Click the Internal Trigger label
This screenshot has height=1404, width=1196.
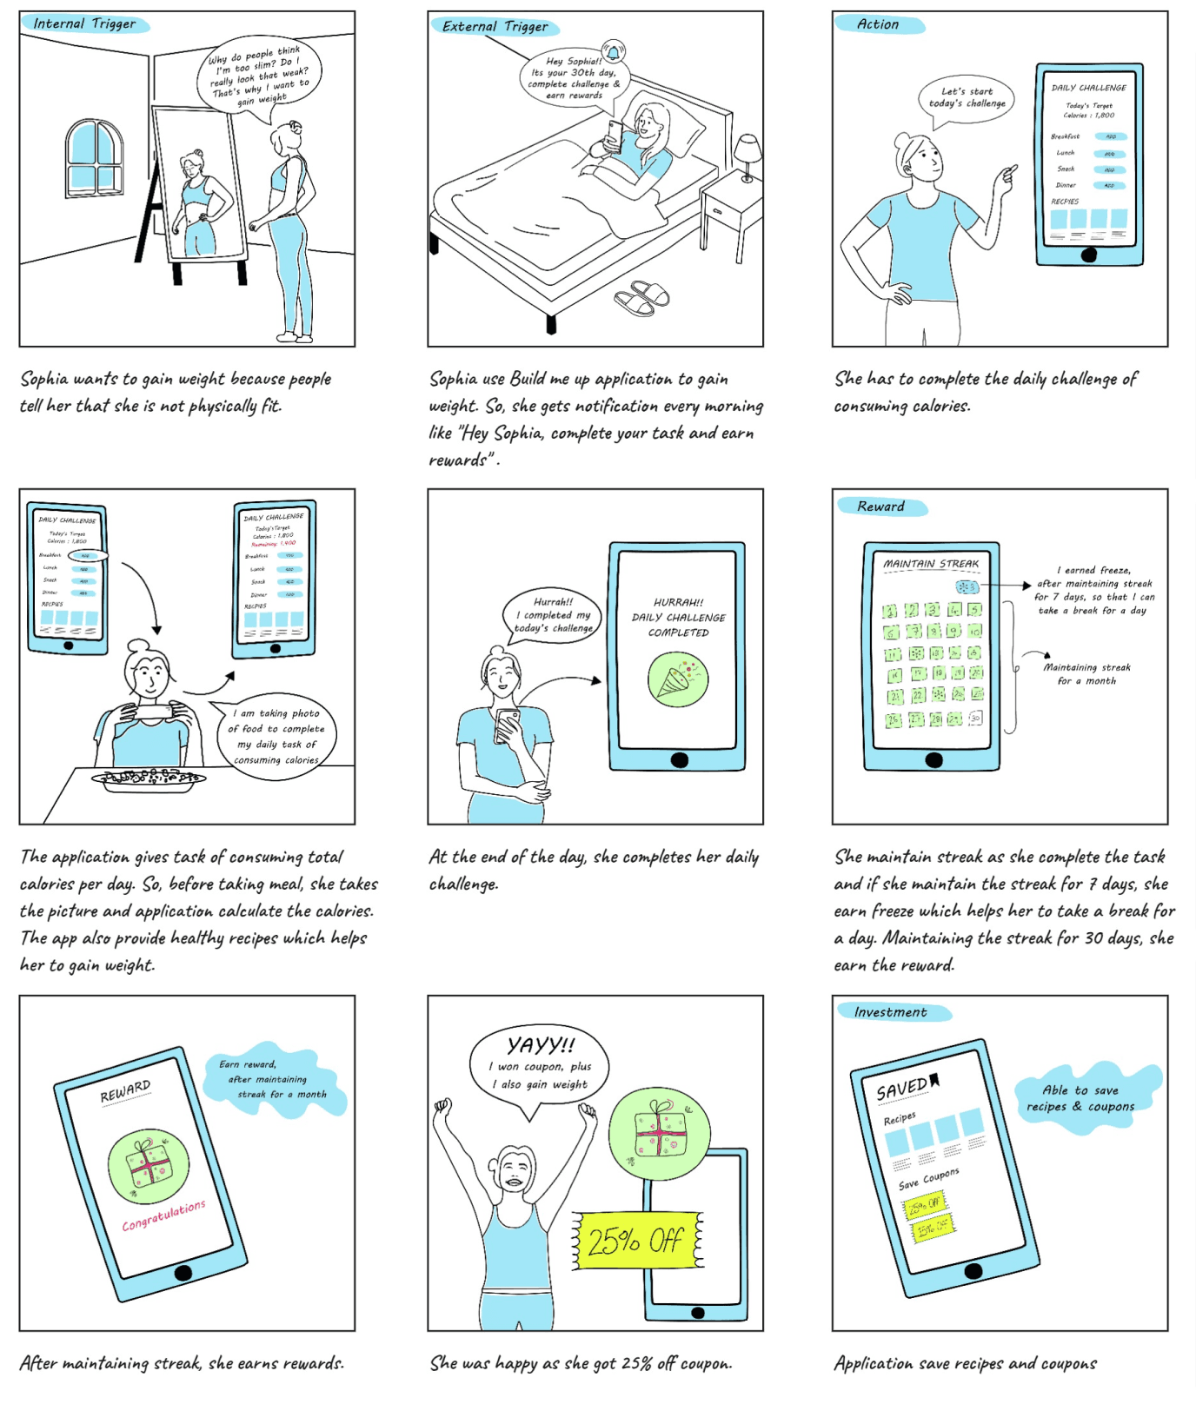[84, 23]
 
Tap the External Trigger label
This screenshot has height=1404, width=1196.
[495, 26]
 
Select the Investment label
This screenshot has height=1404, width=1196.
[890, 1012]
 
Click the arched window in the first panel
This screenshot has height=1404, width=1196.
[94, 158]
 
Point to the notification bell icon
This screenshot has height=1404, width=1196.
[614, 52]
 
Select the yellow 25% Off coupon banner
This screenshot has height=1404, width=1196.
[637, 1240]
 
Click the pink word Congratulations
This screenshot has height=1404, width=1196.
[163, 1215]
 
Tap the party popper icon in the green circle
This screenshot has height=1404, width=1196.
[677, 679]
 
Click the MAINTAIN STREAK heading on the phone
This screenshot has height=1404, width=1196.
[931, 564]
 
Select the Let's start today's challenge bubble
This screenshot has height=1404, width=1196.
[967, 98]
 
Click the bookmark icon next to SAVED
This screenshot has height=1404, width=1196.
[934, 1079]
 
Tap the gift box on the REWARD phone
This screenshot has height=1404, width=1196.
[149, 1166]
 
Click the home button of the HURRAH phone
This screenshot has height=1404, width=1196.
[679, 759]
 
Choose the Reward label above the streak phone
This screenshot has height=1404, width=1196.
[880, 507]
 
